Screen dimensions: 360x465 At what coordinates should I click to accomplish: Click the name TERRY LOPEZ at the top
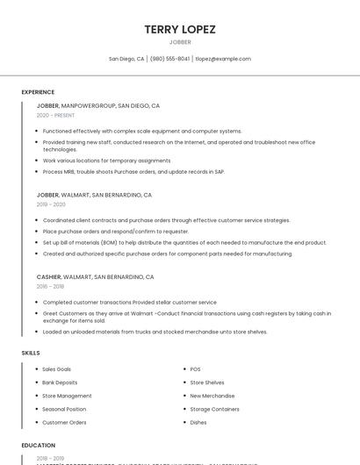[x=180, y=29]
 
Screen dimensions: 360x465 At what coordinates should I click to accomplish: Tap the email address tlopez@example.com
[x=223, y=59]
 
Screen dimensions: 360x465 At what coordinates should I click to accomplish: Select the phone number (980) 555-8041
[x=169, y=59]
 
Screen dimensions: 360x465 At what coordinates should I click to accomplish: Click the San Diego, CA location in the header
[x=126, y=59]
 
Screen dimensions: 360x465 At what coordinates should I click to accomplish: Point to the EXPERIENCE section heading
[x=38, y=92]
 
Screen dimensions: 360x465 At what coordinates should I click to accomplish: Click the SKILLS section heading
[x=31, y=353]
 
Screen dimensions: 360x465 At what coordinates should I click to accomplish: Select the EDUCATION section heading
[x=39, y=445]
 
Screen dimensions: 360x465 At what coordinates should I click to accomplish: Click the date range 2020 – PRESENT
[x=55, y=115]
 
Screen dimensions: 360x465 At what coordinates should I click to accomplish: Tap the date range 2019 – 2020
[x=51, y=204]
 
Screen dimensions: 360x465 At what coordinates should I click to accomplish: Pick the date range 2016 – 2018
[x=50, y=286]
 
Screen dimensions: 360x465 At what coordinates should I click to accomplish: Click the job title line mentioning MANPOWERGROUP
[x=98, y=105]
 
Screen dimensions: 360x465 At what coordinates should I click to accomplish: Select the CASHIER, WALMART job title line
[x=95, y=276]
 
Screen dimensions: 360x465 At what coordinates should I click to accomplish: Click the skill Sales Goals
[x=57, y=369]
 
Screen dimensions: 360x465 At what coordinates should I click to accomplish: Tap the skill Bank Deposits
[x=60, y=383]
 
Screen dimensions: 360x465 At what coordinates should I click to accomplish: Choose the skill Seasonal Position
[x=64, y=409]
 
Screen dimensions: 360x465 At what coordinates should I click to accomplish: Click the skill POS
[x=195, y=369]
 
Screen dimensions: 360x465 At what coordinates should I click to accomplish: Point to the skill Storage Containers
[x=214, y=409]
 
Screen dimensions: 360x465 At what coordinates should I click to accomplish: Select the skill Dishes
[x=198, y=422]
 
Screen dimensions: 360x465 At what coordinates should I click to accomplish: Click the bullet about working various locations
[x=106, y=161]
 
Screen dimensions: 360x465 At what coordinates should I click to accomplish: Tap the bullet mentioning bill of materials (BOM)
[x=184, y=242]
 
